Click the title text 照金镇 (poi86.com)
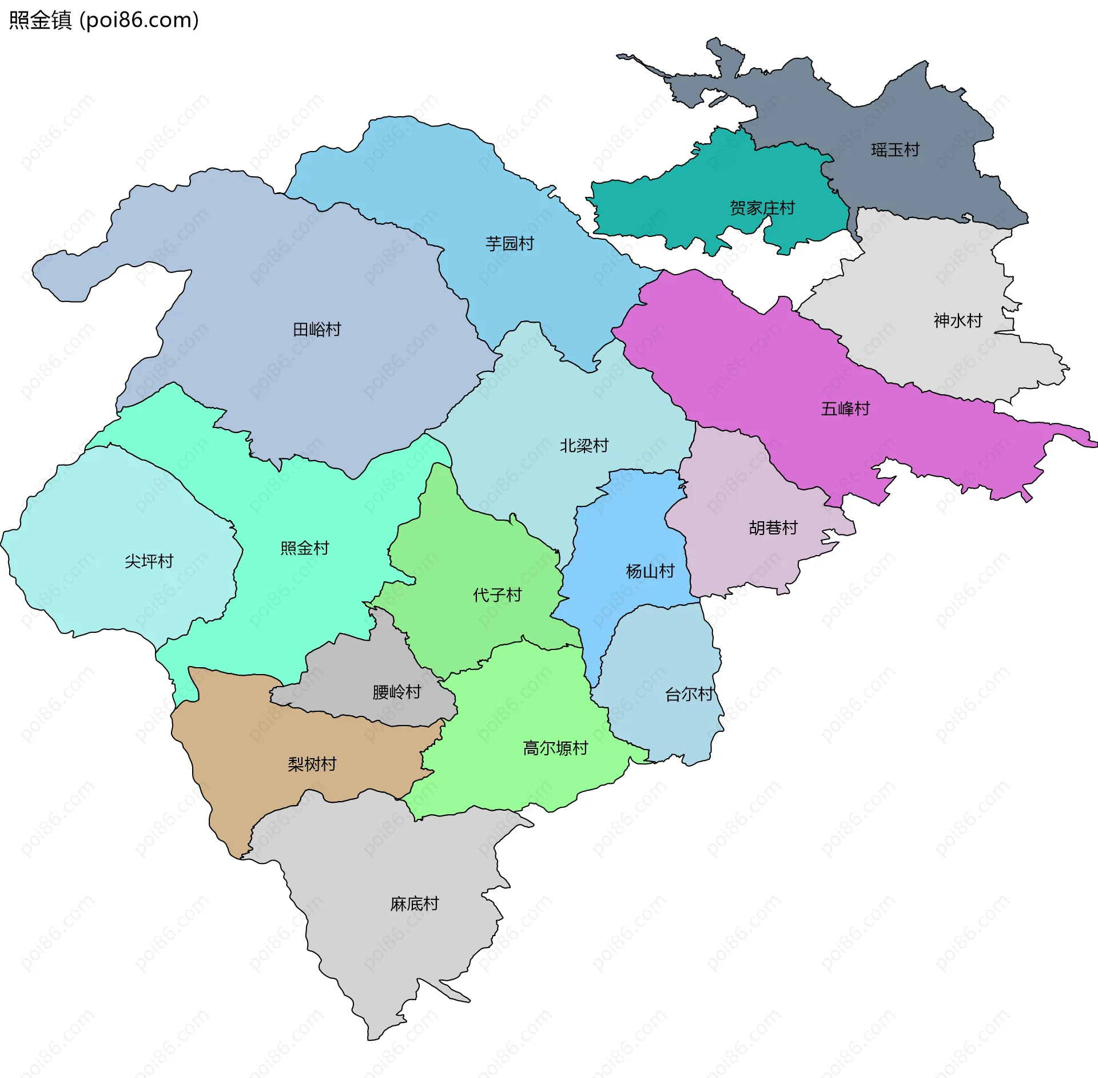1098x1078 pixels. [104, 20]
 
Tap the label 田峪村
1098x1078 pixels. [317, 330]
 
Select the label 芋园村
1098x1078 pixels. [510, 244]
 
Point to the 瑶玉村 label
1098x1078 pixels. [895, 150]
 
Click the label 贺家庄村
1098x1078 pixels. [762, 208]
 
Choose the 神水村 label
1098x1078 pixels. [958, 320]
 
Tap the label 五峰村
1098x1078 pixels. [845, 409]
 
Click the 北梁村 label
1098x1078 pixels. [584, 445]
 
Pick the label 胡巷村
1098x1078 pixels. [773, 528]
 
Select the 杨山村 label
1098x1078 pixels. [650, 571]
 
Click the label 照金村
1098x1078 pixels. [305, 548]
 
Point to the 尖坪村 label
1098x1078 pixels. [149, 561]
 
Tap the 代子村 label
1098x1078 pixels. [498, 595]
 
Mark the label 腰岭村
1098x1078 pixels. [397, 692]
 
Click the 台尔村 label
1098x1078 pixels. [689, 694]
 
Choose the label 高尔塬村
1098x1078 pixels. [555, 748]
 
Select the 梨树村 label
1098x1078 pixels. [312, 764]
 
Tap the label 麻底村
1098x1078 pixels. [415, 904]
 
